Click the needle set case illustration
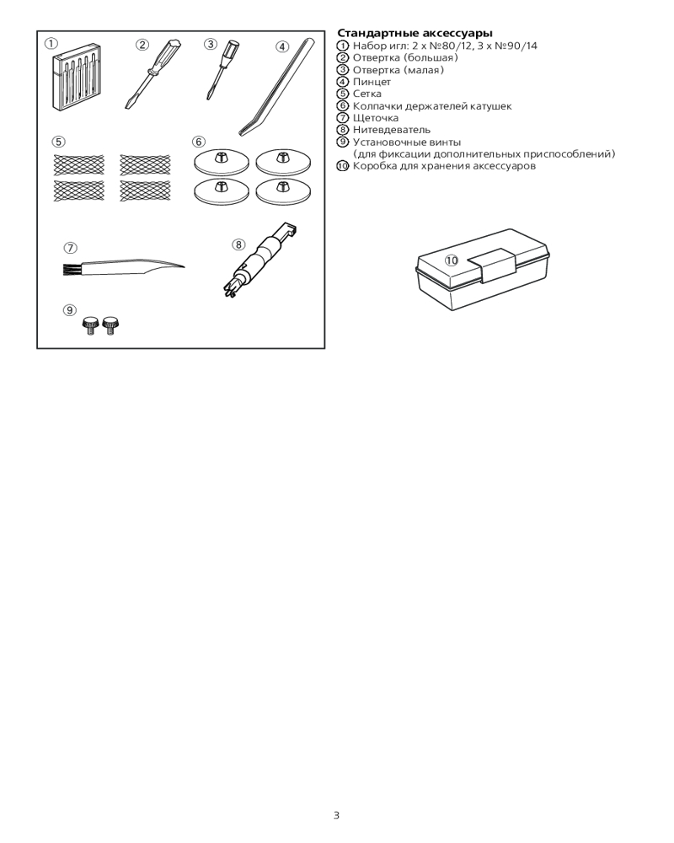click(x=77, y=83)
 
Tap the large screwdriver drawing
click(x=152, y=72)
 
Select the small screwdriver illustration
click(x=222, y=69)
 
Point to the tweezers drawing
click(x=278, y=86)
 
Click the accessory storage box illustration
click(x=483, y=270)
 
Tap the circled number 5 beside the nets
click(x=59, y=142)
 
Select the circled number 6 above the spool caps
click(x=199, y=142)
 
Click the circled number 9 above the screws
click(x=69, y=310)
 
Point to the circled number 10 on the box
click(x=452, y=260)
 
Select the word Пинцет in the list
click(x=372, y=83)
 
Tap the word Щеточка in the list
click(x=376, y=118)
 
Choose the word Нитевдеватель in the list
click(x=392, y=130)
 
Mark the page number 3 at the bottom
click(x=336, y=815)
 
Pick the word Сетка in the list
click(x=367, y=94)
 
